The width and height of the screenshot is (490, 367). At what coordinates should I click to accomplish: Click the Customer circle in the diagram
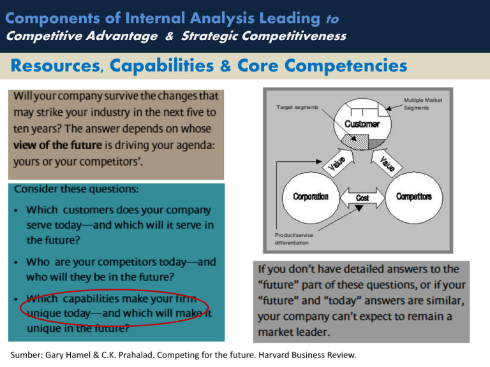(x=362, y=124)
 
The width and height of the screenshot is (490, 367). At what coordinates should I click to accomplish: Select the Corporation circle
(x=311, y=198)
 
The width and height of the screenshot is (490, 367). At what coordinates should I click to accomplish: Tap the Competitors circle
(x=413, y=198)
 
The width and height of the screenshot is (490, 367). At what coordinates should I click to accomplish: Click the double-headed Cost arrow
(x=362, y=198)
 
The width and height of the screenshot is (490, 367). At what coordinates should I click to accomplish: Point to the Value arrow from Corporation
(x=338, y=162)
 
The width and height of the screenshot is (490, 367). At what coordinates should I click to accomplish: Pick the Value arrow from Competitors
(x=386, y=162)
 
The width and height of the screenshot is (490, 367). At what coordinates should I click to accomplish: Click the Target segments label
(x=297, y=107)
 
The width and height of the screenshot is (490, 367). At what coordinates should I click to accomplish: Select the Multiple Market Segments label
(x=423, y=104)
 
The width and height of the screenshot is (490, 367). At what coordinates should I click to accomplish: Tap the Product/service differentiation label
(x=293, y=239)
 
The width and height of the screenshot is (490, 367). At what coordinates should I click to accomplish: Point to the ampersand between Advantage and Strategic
(x=169, y=36)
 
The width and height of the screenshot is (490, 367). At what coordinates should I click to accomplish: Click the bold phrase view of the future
(x=58, y=145)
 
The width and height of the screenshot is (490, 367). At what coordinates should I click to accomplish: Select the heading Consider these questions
(x=77, y=189)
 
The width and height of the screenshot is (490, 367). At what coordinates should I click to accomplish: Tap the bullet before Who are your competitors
(x=16, y=263)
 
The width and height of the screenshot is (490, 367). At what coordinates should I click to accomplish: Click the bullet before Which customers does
(x=16, y=211)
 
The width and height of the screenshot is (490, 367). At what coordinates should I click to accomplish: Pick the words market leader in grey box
(x=293, y=332)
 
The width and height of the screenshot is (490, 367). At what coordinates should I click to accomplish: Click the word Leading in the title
(x=290, y=18)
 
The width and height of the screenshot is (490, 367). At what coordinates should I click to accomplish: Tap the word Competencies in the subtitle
(x=346, y=66)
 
